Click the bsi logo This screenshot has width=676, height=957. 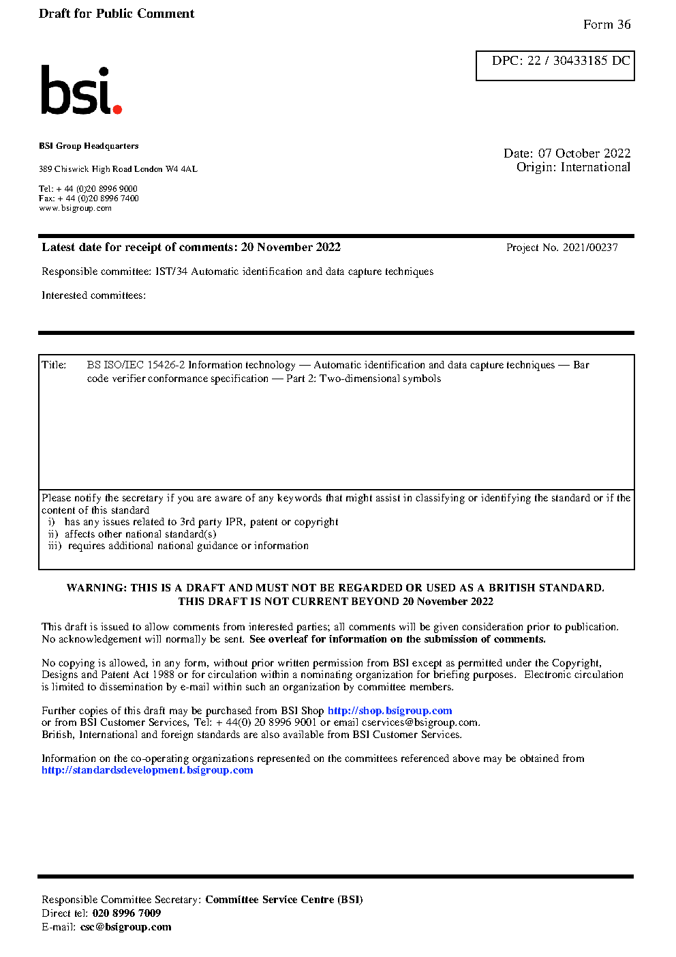coord(80,91)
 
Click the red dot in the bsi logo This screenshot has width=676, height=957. coord(117,108)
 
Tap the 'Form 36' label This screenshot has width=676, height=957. coord(606,25)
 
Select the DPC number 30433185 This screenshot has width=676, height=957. coord(580,61)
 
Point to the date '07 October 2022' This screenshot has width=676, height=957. coord(584,153)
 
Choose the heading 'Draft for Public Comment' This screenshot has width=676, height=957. coord(117,14)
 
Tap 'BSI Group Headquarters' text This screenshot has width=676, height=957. coord(89,146)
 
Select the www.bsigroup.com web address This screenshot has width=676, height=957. coord(75,208)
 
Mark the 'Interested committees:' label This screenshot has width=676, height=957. coord(93,295)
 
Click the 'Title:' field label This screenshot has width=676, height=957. coord(54,365)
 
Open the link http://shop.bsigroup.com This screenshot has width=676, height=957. coord(390,711)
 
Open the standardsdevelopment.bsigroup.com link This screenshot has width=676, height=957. coord(147,770)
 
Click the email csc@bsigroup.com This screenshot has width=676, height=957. coord(125,927)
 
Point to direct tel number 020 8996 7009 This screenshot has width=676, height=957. coord(127,913)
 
